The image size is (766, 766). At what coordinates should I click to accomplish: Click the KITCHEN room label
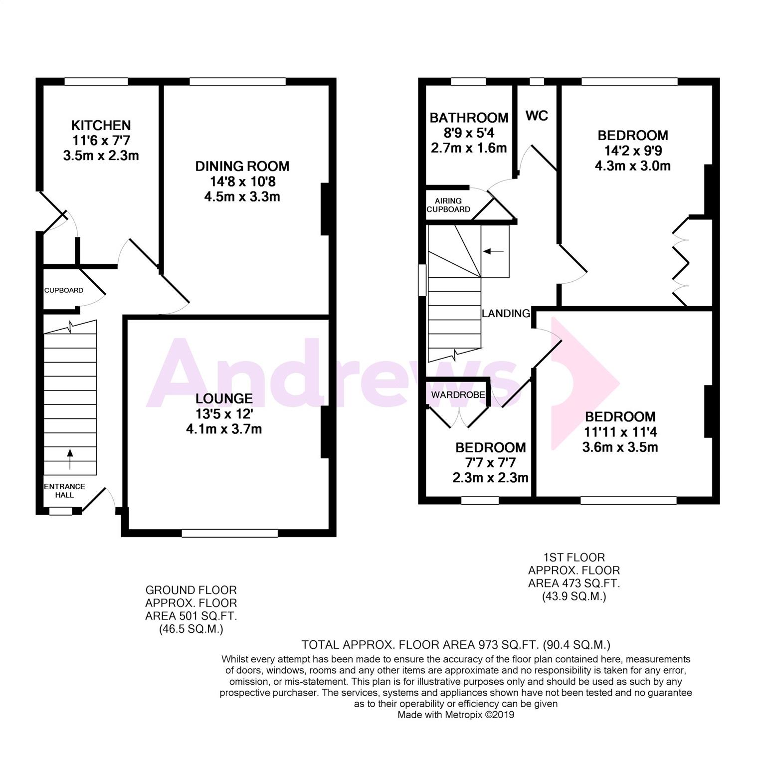tap(101, 125)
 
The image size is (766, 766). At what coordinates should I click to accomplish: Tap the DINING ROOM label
tap(242, 166)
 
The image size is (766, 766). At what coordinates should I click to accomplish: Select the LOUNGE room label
tap(224, 398)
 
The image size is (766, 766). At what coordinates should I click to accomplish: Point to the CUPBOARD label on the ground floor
tap(64, 290)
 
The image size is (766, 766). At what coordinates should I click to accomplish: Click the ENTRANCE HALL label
tap(65, 491)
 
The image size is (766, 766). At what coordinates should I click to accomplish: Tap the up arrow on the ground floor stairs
tap(69, 459)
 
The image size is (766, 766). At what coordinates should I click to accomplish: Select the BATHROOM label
tap(469, 118)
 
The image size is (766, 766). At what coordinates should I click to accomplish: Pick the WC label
tap(537, 116)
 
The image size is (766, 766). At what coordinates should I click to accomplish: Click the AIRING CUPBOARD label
tap(448, 205)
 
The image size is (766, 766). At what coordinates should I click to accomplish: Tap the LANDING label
tap(506, 313)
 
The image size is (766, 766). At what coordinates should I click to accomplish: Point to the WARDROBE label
tap(458, 395)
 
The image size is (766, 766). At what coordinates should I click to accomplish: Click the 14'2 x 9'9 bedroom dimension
tap(633, 151)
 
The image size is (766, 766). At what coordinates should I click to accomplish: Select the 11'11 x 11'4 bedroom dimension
tap(620, 432)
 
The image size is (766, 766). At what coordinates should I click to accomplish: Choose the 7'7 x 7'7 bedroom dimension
tap(490, 463)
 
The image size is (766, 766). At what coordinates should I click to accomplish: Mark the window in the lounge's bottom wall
tap(229, 533)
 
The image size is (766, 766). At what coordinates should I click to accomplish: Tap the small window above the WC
tap(537, 82)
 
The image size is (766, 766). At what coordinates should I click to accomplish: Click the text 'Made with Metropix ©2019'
tap(456, 715)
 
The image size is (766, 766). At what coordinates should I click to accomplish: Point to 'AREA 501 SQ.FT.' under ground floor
tap(191, 616)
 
